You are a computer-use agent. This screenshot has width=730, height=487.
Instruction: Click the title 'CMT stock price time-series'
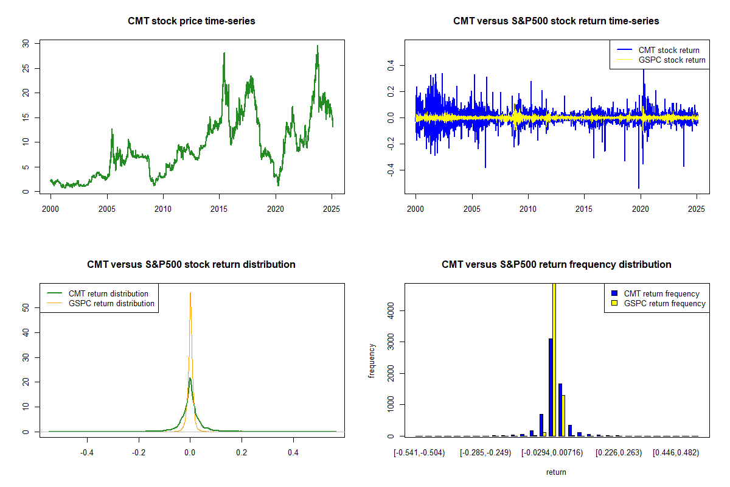coord(191,21)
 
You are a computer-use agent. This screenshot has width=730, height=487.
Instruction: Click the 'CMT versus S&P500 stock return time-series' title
coord(556,21)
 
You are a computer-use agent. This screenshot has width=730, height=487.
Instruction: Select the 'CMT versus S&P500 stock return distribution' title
coord(191,265)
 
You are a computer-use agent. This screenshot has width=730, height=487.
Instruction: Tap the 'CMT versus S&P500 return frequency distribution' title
coord(556,265)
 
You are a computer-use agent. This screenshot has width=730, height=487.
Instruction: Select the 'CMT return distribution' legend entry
coord(108,293)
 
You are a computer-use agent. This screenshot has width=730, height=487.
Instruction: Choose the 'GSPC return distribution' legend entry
coord(111,303)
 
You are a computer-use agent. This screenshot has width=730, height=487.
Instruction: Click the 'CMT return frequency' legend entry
coord(661,293)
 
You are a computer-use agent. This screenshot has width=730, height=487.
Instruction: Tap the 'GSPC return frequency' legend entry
coord(664,303)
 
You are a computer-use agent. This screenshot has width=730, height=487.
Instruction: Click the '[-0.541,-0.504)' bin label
coord(419,453)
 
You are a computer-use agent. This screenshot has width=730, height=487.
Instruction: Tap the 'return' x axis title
coord(556,471)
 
